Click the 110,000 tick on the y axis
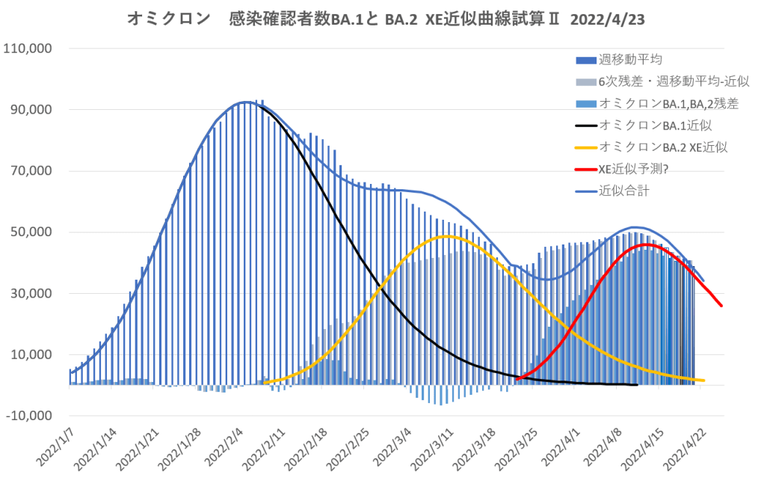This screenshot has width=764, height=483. click(x=28, y=49)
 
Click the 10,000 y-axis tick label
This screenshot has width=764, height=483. click(x=31, y=355)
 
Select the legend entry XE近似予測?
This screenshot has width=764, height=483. click(x=634, y=169)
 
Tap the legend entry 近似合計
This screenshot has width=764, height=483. click(x=624, y=191)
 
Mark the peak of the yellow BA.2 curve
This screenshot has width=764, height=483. click(x=446, y=236)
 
